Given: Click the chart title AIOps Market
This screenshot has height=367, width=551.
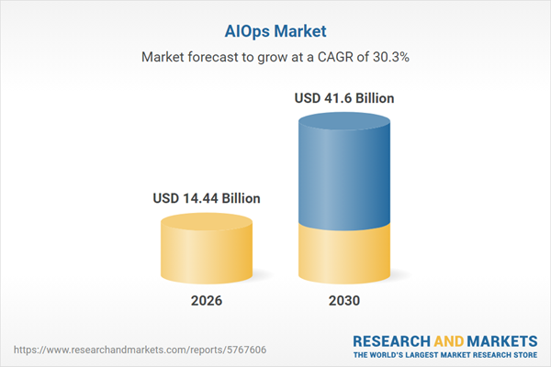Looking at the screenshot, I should coord(275,29).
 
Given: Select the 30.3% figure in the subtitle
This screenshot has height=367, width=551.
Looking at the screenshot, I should coord(389,57).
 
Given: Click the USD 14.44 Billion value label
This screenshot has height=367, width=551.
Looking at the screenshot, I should coord(207,197).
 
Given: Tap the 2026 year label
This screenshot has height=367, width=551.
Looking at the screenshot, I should coord(207,301).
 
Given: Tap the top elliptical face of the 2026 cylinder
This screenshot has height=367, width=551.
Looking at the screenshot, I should coord(207,224).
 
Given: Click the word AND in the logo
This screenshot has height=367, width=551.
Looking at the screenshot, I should coord(451,340).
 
